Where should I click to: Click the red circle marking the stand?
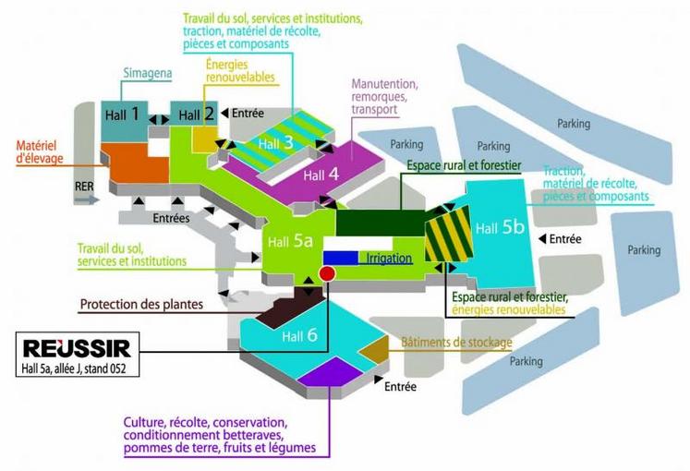point(326,273)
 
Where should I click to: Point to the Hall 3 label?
point(275,143)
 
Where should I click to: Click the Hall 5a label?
point(289,242)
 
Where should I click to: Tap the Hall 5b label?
point(498,225)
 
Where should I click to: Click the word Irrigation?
point(388,259)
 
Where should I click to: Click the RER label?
point(85,185)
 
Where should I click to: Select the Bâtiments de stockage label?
point(456,344)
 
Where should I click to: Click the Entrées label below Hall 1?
point(171,218)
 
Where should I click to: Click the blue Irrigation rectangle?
point(340,259)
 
